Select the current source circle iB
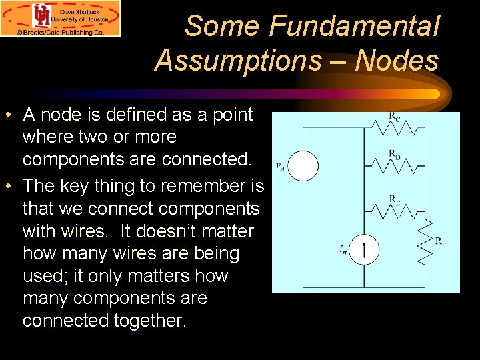(x=365, y=251)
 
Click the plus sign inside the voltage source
(x=303, y=157)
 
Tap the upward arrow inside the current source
(x=365, y=251)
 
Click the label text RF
(x=440, y=242)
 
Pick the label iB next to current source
(x=343, y=251)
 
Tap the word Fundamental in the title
(x=355, y=27)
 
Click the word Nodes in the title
(x=397, y=61)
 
